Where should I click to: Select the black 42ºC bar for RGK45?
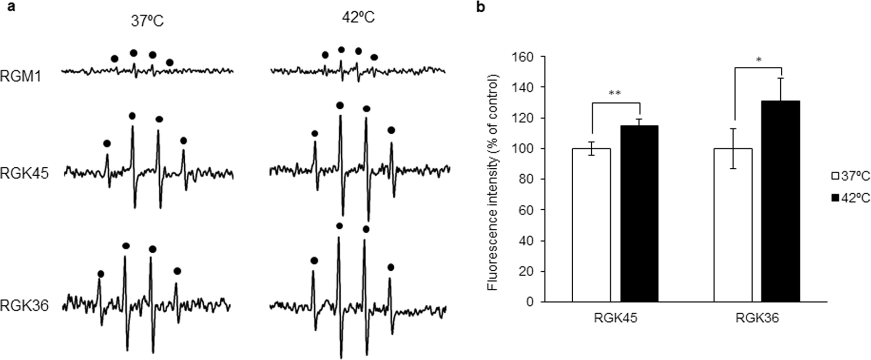pos(639,213)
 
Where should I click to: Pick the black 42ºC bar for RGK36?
pos(781,201)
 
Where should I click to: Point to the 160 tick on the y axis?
pos(523,56)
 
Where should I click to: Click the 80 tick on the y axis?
pos(525,179)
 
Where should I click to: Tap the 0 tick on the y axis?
pos(529,302)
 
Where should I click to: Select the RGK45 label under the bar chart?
pos(615,319)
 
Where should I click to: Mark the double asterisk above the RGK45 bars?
pos(615,93)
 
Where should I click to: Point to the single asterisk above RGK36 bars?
pos(758,60)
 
